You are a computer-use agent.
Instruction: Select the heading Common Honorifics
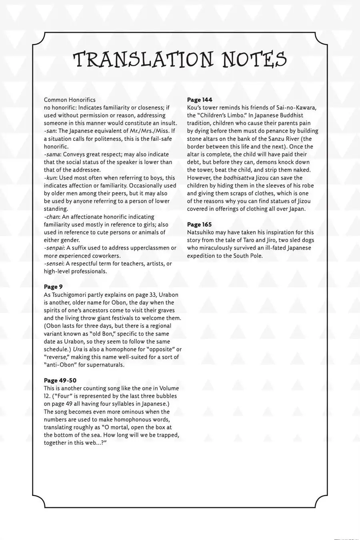click(x=70, y=100)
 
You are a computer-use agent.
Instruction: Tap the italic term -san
click(x=50, y=131)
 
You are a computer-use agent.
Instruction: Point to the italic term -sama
click(x=52, y=154)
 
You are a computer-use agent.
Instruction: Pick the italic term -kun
click(x=50, y=178)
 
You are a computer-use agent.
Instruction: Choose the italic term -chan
click(x=52, y=217)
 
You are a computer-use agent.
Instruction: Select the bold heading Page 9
click(x=53, y=287)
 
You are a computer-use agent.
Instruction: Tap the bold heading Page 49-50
click(x=60, y=380)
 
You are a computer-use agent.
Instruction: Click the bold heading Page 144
click(x=200, y=100)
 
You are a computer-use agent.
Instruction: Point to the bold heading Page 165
click(x=200, y=224)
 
